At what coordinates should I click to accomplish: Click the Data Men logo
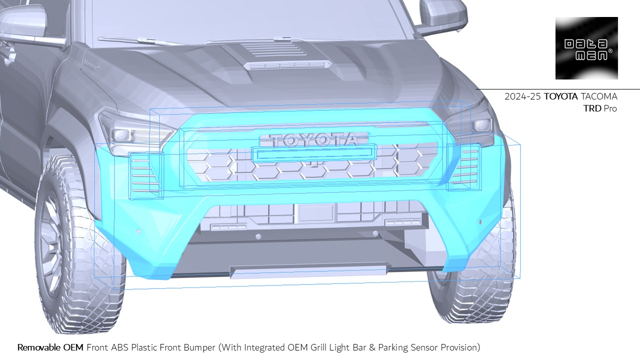586,48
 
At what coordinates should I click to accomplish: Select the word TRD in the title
592,108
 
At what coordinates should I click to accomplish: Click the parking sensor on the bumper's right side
480,221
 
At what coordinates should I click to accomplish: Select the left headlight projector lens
120,134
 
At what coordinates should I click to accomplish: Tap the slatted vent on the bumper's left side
145,172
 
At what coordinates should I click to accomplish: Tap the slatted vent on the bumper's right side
465,163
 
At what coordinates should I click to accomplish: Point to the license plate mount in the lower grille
315,212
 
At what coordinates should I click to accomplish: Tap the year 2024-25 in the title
522,96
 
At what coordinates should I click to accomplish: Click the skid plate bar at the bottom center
308,270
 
